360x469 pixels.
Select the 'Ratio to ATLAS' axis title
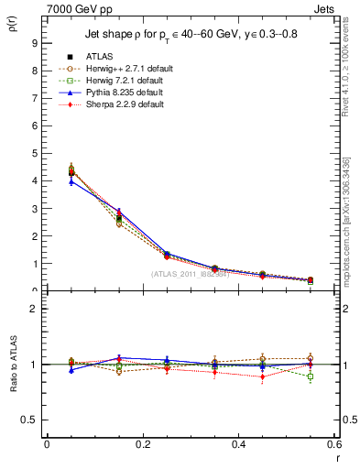click(12, 363)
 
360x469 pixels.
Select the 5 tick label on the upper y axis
click(34, 153)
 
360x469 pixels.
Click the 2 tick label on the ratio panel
click(34, 309)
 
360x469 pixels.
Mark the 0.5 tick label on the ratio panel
click(30, 420)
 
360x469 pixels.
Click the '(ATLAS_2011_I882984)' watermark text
click(190, 274)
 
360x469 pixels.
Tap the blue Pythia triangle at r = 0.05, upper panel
click(47, 181)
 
